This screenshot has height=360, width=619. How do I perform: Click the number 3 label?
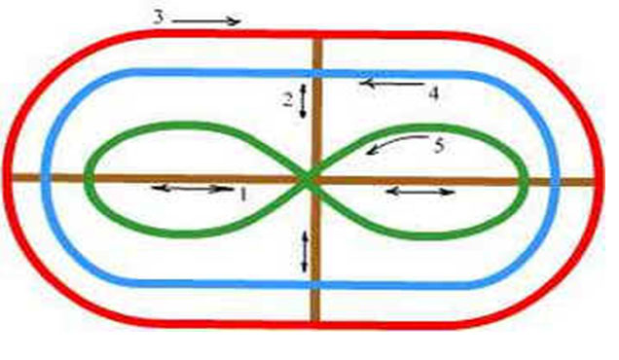(x=159, y=18)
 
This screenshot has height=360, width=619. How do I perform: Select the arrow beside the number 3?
(x=206, y=21)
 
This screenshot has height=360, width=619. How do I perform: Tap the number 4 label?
(x=433, y=94)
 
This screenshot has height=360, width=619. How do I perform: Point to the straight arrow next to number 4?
(x=391, y=84)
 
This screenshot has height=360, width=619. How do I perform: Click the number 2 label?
(x=289, y=100)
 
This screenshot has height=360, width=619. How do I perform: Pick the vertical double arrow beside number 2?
(x=303, y=101)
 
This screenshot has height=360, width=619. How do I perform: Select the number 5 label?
(x=439, y=146)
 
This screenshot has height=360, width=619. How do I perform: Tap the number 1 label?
(x=243, y=195)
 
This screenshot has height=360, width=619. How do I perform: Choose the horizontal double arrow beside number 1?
(x=193, y=189)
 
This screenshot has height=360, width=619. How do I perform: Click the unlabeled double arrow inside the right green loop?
(x=420, y=193)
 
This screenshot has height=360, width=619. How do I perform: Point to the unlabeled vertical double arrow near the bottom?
(x=305, y=252)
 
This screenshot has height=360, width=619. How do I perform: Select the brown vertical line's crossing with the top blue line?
(x=318, y=73)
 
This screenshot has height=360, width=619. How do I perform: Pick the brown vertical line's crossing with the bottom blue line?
(x=315, y=284)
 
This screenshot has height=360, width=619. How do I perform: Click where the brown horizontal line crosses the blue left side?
(x=45, y=177)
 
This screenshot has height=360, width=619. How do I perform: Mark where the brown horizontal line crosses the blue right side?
(x=556, y=182)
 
